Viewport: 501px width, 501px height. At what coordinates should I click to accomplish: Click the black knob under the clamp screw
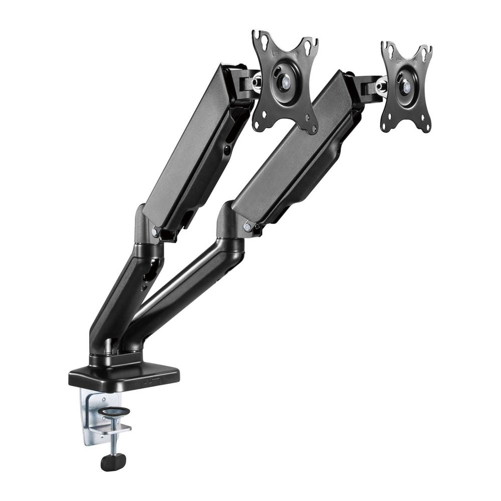point(113,461)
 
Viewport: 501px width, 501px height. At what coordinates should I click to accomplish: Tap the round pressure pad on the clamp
point(114,412)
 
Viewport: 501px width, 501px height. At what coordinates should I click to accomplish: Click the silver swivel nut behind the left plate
point(257,82)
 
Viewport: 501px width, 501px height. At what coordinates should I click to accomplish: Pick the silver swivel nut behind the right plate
point(382,86)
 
